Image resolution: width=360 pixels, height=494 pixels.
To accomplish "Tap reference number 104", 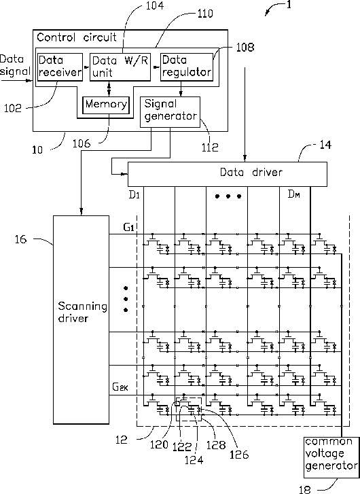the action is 155,5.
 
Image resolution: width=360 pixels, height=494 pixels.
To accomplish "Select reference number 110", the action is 205,14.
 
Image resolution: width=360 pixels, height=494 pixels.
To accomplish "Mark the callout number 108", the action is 245,48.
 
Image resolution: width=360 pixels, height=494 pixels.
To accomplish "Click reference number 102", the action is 13,108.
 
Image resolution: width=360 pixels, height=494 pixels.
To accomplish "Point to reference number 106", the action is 82,143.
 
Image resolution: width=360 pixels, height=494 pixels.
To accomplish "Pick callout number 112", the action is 210,147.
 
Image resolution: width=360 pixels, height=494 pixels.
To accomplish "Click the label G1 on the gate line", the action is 128,227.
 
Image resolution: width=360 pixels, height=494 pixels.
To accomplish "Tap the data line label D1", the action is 134,195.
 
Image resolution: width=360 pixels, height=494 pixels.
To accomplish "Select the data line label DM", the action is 294,194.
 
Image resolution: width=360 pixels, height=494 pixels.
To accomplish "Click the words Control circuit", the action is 77,37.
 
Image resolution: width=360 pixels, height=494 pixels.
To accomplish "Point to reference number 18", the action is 305,489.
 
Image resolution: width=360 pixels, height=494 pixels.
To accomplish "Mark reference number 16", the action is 21,239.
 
